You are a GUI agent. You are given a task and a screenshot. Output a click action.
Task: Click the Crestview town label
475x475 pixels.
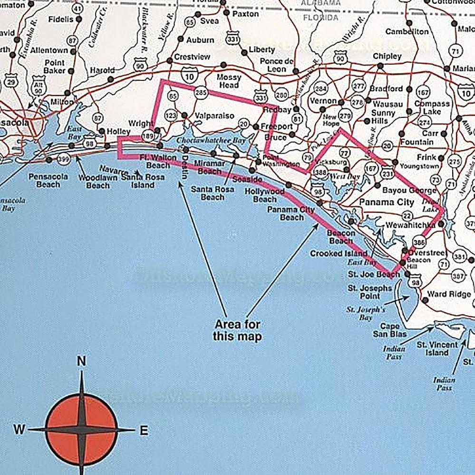[192, 57]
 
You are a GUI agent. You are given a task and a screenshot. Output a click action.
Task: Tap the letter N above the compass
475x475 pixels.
[81, 362]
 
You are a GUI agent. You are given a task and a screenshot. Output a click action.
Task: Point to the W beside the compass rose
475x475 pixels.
[19, 430]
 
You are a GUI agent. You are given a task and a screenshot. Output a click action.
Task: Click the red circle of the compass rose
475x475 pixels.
[81, 425]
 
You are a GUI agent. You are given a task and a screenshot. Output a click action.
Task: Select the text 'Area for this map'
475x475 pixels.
[237, 330]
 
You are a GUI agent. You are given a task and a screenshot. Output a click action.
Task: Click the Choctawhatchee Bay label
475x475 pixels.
[204, 141]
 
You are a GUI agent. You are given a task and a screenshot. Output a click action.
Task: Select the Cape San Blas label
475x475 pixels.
[393, 330]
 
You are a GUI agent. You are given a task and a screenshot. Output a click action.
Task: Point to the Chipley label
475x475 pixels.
[387, 56]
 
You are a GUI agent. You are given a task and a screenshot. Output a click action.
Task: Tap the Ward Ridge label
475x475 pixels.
[449, 294]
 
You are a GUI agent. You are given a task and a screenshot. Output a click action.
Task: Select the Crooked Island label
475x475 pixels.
[339, 253]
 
